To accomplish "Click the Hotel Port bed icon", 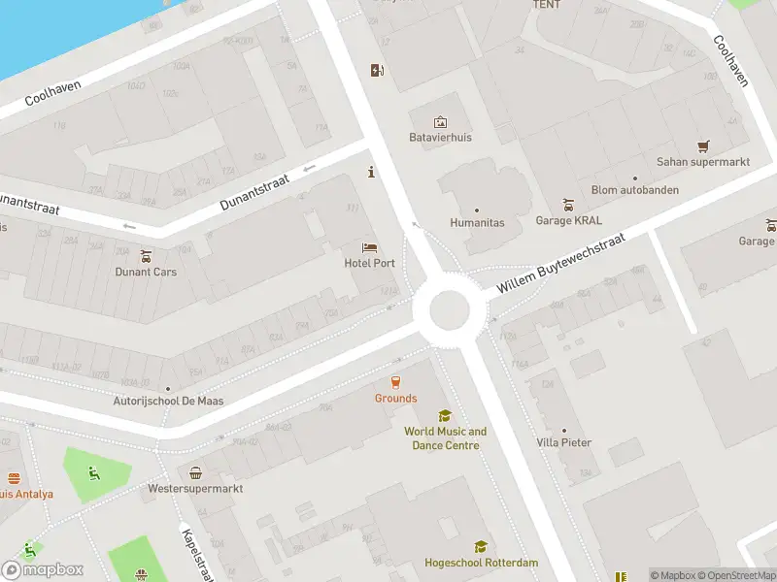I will pyautogui.click(x=369, y=248).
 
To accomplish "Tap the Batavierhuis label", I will pyautogui.click(x=440, y=138).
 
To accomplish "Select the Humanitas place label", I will pyautogui.click(x=477, y=222).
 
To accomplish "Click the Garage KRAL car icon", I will pyautogui.click(x=569, y=205).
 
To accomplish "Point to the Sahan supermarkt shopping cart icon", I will pyautogui.click(x=703, y=145).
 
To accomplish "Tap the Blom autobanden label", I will pyautogui.click(x=635, y=190).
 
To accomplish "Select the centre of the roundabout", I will pyautogui.click(x=442, y=310).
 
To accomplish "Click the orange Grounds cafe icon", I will pyautogui.click(x=395, y=382).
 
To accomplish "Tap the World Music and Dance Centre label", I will pyautogui.click(x=446, y=438).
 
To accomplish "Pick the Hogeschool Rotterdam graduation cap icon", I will pyautogui.click(x=480, y=547).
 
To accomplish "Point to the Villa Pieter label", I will pyautogui.click(x=563, y=442).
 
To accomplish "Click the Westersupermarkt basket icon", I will pyautogui.click(x=195, y=472).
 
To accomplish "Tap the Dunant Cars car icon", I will pyautogui.click(x=147, y=256).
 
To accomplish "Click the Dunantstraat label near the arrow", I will pyautogui.click(x=255, y=189).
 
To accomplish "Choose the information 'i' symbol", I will pyautogui.click(x=370, y=173).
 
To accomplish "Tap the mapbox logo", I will pyautogui.click(x=43, y=569).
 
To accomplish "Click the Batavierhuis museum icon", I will pyautogui.click(x=440, y=122).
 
